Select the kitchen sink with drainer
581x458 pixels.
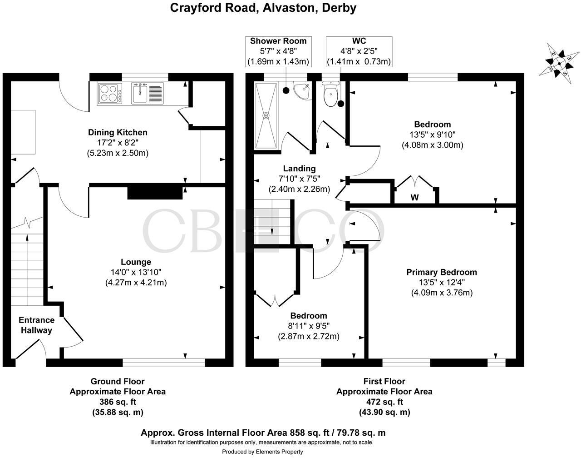tap(148, 93)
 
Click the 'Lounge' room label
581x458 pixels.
tap(136, 262)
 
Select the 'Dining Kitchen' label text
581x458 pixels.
tap(118, 133)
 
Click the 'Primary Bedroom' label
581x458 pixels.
tap(441, 272)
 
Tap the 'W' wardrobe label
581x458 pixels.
tap(414, 198)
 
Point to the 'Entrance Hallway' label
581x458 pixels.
tap(36, 325)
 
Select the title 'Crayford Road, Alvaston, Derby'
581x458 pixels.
tap(263, 8)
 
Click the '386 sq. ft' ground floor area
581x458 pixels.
tap(117, 402)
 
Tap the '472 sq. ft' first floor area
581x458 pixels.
tap(384, 402)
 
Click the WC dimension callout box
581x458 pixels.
tap(359, 51)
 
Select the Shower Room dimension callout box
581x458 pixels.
tap(278, 51)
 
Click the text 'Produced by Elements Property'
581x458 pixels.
tap(262, 452)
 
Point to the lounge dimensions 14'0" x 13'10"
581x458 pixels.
tap(136, 272)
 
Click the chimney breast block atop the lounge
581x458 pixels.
tap(154, 192)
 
